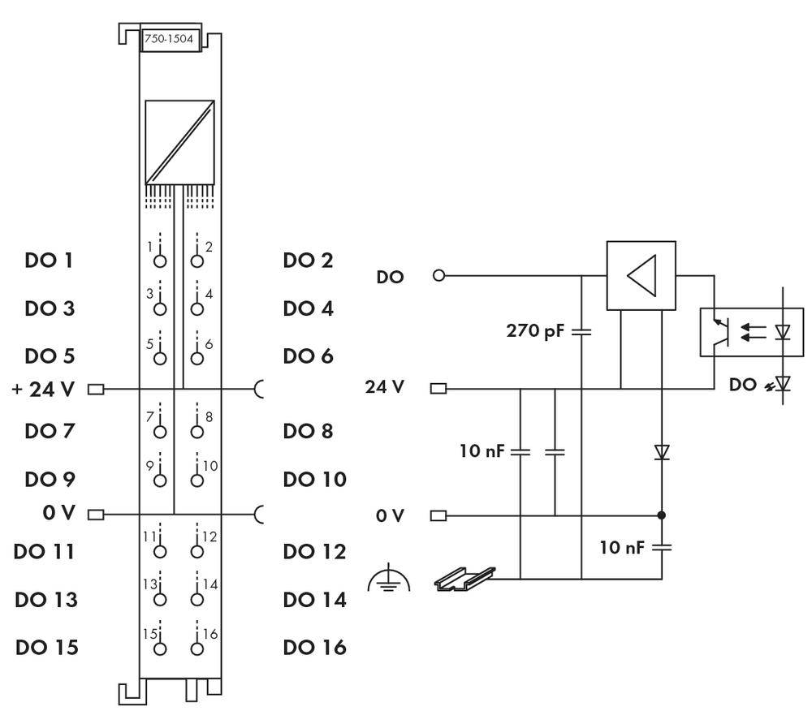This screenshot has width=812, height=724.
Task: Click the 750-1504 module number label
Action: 171,41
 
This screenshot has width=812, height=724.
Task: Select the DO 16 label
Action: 314,648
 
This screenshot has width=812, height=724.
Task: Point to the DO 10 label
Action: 314,479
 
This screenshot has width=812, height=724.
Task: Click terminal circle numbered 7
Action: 160,430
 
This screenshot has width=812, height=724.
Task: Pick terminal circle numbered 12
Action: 197,552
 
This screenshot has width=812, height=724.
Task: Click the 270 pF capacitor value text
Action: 536,331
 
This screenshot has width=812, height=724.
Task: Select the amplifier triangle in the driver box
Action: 641,275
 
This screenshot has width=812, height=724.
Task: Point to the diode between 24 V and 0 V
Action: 662,452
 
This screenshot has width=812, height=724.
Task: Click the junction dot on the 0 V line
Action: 662,515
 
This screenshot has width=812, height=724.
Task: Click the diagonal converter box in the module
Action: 179,141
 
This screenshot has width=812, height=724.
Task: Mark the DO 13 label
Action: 46,600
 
